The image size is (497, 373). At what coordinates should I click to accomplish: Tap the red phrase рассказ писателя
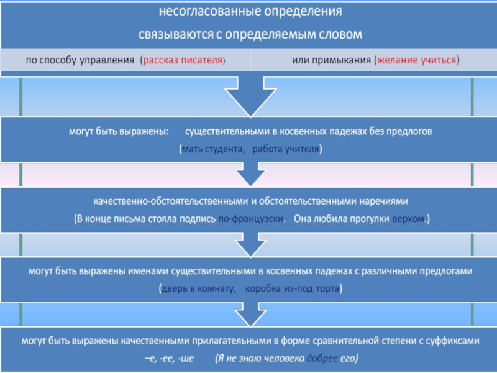coord(183,61)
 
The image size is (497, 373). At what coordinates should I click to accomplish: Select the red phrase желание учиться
coord(417,61)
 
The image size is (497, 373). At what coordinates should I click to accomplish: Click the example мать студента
coord(212,150)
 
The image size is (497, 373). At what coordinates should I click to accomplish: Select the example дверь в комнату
coord(197,289)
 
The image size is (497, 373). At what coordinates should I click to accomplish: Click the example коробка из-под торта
coord(292,289)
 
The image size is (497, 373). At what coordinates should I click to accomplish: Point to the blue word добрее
coord(322,359)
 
